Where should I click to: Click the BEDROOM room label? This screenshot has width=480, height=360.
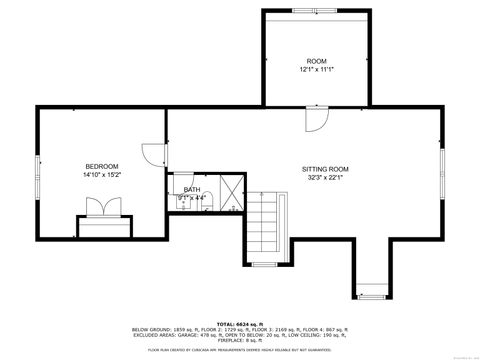102,166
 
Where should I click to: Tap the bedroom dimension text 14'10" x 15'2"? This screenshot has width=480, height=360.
102,175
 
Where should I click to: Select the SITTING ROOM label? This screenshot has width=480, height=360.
325,170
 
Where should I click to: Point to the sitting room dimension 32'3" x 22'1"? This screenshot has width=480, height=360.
325,179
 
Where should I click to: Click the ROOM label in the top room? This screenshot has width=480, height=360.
316,61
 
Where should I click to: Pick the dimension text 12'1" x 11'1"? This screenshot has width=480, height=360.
316,70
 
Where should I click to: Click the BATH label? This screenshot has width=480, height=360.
191,189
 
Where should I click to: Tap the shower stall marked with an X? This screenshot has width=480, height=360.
231,191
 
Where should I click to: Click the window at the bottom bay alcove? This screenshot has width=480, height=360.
371,297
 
